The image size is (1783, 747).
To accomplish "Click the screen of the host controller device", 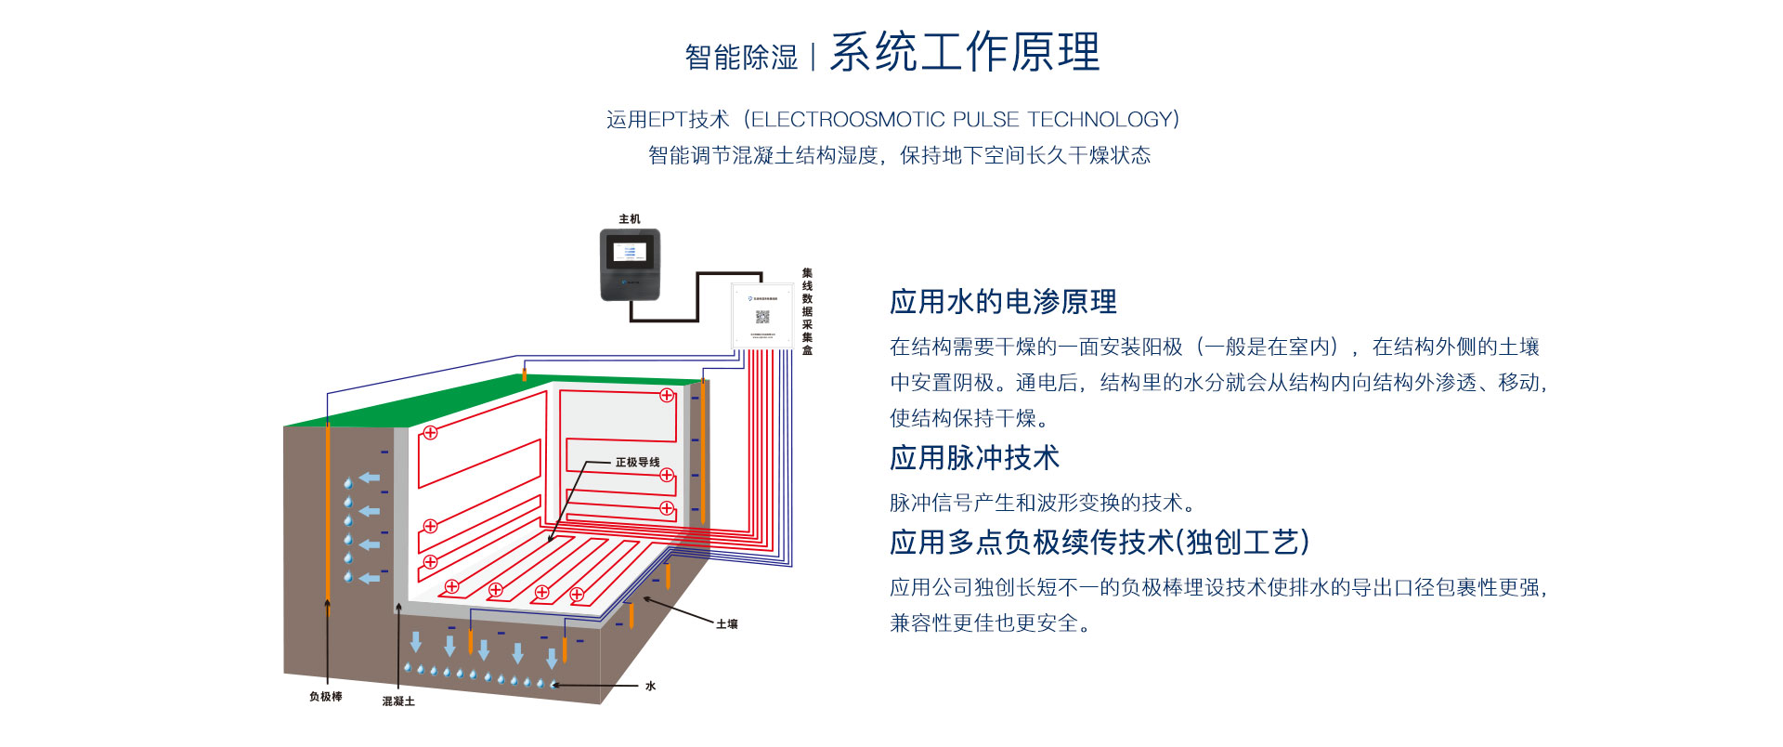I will pyautogui.click(x=630, y=252).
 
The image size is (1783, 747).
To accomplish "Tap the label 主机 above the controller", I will pyautogui.click(x=630, y=219).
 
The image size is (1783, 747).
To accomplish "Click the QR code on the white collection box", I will pyautogui.click(x=762, y=316).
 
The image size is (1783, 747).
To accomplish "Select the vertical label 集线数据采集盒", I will pyautogui.click(x=807, y=311).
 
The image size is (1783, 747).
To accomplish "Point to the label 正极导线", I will pyautogui.click(x=637, y=463).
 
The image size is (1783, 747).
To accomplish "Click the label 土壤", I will pyautogui.click(x=726, y=624).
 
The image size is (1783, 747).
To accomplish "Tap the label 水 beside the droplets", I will pyautogui.click(x=650, y=687).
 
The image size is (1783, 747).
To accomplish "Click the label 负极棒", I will pyautogui.click(x=325, y=697).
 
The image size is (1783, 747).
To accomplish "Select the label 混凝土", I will pyautogui.click(x=398, y=701).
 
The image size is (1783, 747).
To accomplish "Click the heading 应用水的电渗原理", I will pyautogui.click(x=1003, y=302).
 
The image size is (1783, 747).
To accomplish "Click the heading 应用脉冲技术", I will pyautogui.click(x=974, y=458).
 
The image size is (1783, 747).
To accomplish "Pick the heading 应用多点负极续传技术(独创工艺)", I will pyautogui.click(x=1099, y=543).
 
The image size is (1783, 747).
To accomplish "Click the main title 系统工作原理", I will pyautogui.click(x=964, y=52).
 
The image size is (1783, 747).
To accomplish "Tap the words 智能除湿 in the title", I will pyautogui.click(x=741, y=58).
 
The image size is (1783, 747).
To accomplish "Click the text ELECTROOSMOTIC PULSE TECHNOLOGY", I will pyautogui.click(x=964, y=120).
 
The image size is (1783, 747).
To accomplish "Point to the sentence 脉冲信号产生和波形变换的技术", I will pyautogui.click(x=1042, y=503).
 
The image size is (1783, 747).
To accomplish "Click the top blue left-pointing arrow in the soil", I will pyautogui.click(x=370, y=478).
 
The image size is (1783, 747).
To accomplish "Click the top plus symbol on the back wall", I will pyautogui.click(x=667, y=396).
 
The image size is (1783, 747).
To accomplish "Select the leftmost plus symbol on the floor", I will pyautogui.click(x=451, y=586).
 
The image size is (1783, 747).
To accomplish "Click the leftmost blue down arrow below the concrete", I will pyautogui.click(x=416, y=641).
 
